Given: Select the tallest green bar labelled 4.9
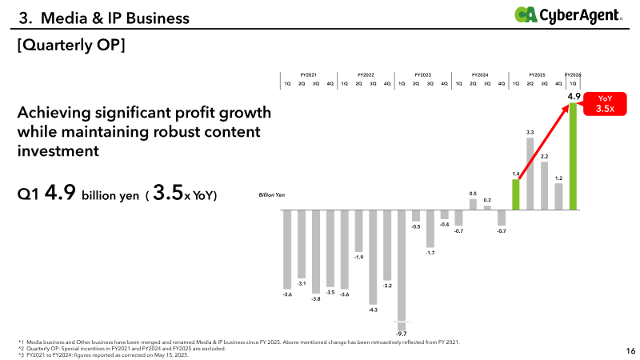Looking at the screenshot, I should tap(573, 157).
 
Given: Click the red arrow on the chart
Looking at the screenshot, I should tap(544, 144).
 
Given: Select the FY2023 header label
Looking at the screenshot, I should tap(423, 74).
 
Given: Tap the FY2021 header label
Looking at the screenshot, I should tap(308, 74).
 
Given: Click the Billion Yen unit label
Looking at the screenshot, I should tap(270, 194).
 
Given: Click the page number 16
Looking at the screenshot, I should tap(630, 350).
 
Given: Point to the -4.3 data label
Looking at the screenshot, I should tap(373, 309).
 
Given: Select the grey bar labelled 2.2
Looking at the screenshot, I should tap(544, 186).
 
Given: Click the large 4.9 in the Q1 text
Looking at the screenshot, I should tap(61, 194).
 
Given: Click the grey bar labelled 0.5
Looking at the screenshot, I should tap(473, 205).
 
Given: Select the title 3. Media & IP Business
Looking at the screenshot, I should tap(104, 17).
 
